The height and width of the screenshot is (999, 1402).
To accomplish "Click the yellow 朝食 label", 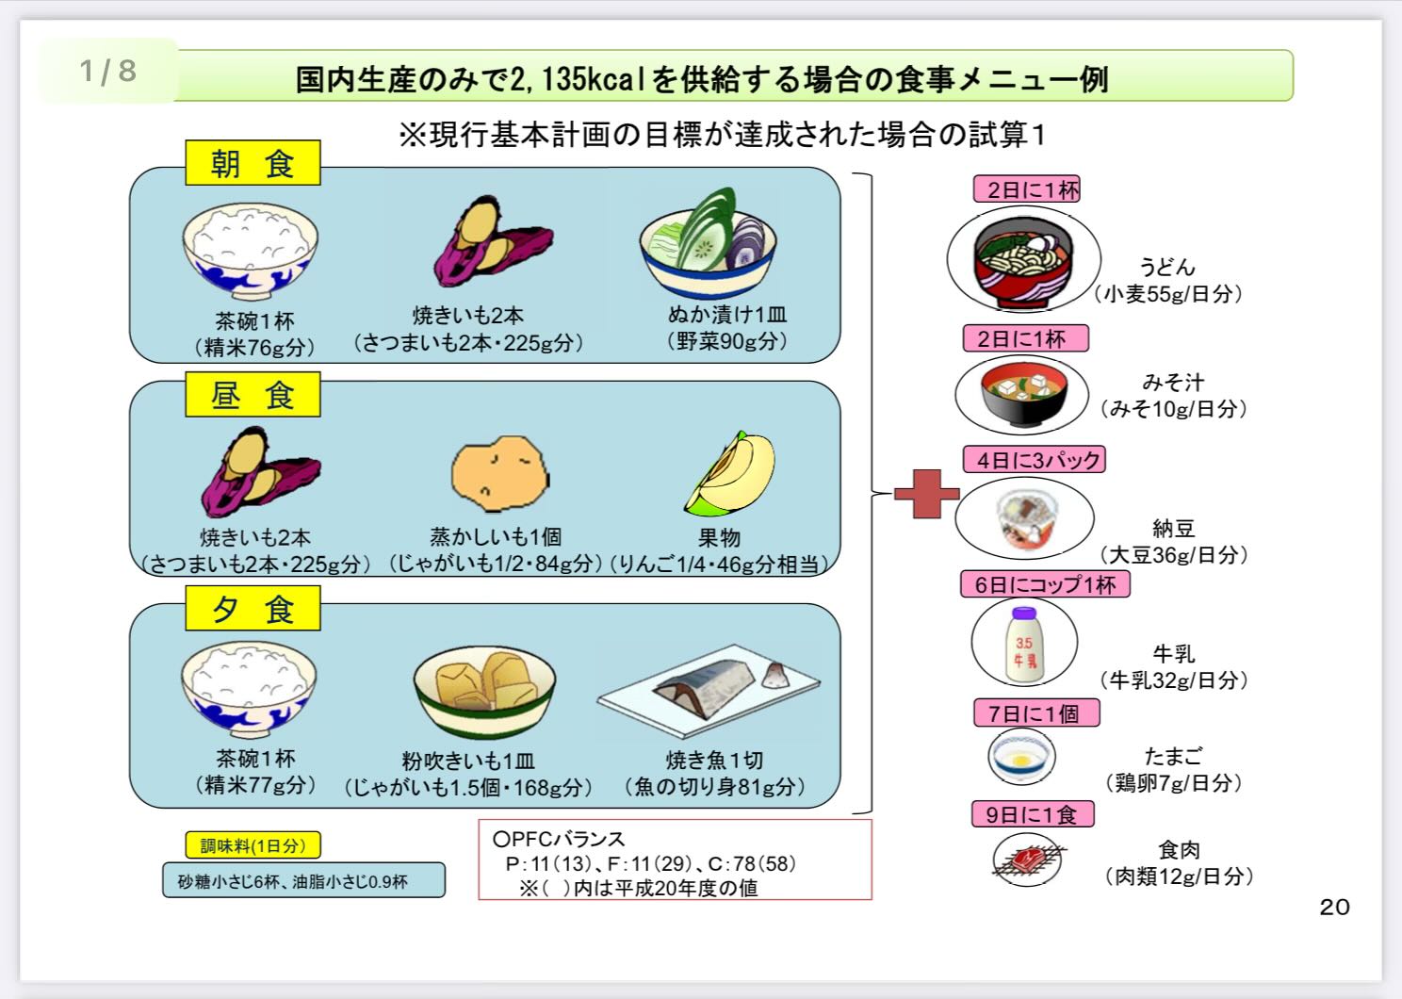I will point(253,163).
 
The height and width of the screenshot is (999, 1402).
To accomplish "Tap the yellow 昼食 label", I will point(253,395).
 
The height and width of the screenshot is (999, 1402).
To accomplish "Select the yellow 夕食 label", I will point(253,609).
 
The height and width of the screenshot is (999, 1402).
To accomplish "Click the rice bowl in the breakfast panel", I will point(250,247).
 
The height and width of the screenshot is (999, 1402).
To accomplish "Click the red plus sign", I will point(925,492).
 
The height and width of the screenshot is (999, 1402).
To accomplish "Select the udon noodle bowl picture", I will point(1023,258).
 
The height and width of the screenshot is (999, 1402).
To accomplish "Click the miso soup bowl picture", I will point(1022,396).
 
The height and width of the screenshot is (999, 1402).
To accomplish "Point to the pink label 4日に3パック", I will point(1034,460).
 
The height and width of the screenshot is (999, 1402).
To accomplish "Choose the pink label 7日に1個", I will point(1036,713).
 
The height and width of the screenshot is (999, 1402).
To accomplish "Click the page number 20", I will point(1334,907).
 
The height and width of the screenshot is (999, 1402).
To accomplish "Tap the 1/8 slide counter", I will point(107,71).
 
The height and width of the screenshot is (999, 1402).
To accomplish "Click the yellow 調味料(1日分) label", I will point(253,845).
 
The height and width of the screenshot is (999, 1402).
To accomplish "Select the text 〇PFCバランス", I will point(560,838).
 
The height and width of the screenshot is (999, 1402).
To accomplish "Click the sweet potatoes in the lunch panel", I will point(259,472).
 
